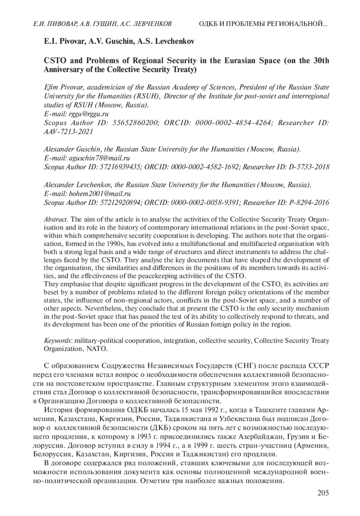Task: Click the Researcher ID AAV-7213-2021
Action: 68,131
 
